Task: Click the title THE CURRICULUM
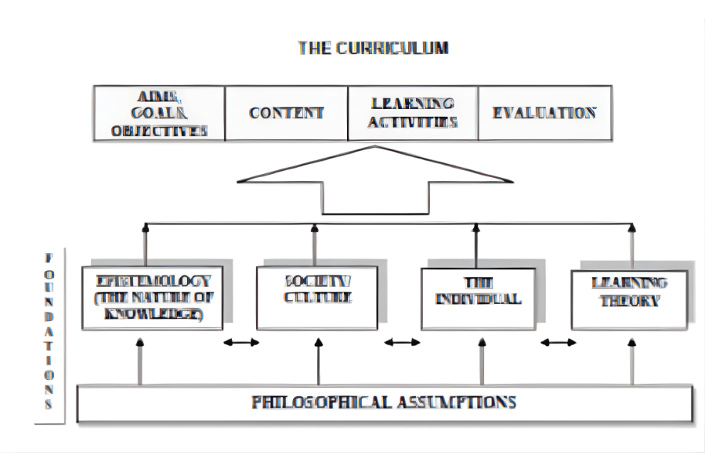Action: pyautogui.click(x=373, y=48)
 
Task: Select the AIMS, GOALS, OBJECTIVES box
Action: pyautogui.click(x=159, y=112)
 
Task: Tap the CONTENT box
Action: pyautogui.click(x=287, y=112)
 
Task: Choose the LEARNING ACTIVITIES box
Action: pyautogui.click(x=413, y=112)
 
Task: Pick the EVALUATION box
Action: pyautogui.click(x=544, y=112)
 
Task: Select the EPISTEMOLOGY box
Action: pyautogui.click(x=153, y=298)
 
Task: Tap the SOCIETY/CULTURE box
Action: pyautogui.click(x=316, y=298)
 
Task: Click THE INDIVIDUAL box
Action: pyautogui.click(x=478, y=298)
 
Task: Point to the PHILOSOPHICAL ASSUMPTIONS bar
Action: pyautogui.click(x=384, y=403)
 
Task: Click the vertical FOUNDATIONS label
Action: pyautogui.click(x=49, y=332)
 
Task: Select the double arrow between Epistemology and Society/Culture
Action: pyautogui.click(x=240, y=342)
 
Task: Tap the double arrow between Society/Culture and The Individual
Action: pyautogui.click(x=402, y=342)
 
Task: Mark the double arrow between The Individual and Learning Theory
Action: pyautogui.click(x=558, y=342)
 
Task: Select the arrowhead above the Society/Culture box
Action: pyautogui.click(x=315, y=230)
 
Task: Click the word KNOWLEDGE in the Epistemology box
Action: pyautogui.click(x=154, y=315)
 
